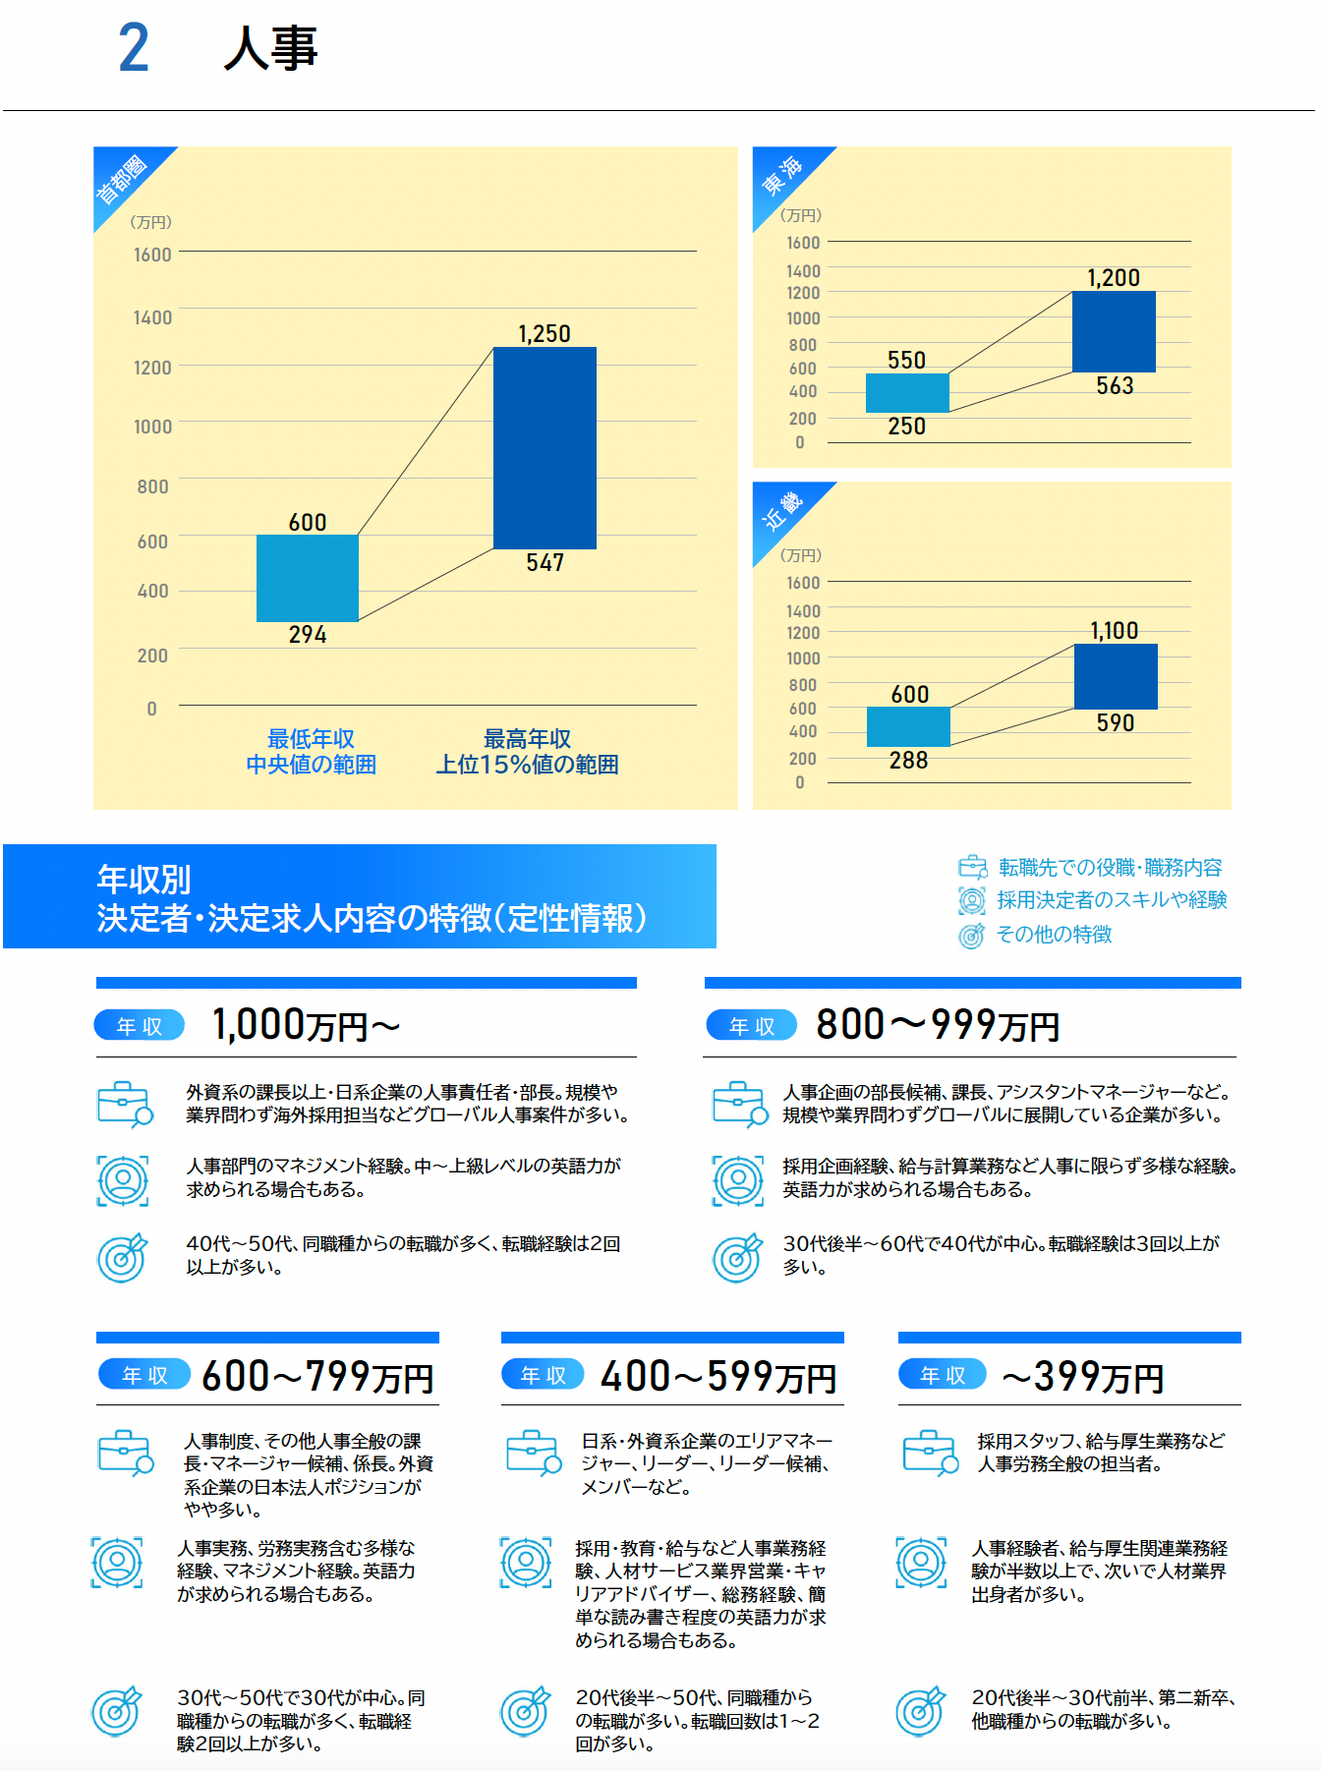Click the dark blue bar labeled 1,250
pyautogui.click(x=545, y=447)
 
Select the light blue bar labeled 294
pyautogui.click(x=308, y=578)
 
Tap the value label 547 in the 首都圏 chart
pyautogui.click(x=545, y=563)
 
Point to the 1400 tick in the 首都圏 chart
pyautogui.click(x=152, y=317)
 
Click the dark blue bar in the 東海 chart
pyautogui.click(x=1114, y=331)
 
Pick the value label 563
pyautogui.click(x=1115, y=386)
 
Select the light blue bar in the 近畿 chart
pyautogui.click(x=908, y=726)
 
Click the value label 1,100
pyautogui.click(x=1114, y=631)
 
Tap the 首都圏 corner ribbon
pyautogui.click(x=123, y=179)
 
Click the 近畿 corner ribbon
pyautogui.click(x=782, y=512)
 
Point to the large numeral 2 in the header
pyautogui.click(x=134, y=48)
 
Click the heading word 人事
pyautogui.click(x=270, y=48)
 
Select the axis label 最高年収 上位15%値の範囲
pyautogui.click(x=527, y=752)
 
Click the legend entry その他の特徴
pyautogui.click(x=1054, y=935)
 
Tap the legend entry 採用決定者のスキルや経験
pyautogui.click(x=1111, y=900)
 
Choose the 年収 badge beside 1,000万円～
pyautogui.click(x=140, y=1026)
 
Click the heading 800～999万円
pyautogui.click(x=938, y=1025)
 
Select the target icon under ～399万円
pyautogui.click(x=921, y=1711)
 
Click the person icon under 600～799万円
pyautogui.click(x=117, y=1562)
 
